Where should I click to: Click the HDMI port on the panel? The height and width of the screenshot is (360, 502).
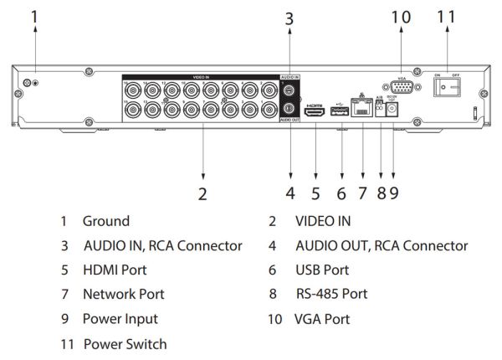[x=315, y=110]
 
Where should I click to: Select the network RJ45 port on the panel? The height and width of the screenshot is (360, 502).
[x=362, y=109]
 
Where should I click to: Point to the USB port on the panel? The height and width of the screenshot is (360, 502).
[x=340, y=110]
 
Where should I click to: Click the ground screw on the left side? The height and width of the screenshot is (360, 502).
[x=28, y=83]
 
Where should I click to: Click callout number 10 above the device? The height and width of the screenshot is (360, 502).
[x=401, y=16]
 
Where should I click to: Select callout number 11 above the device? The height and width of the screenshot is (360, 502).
[x=448, y=16]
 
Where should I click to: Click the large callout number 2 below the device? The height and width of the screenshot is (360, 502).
[x=202, y=193]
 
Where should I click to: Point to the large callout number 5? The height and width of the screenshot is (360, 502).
[x=315, y=193]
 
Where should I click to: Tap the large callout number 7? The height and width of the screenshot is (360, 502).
[x=362, y=193]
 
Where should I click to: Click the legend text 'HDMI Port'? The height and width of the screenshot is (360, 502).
[x=114, y=270]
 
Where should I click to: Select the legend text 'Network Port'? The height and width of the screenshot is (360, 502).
[x=123, y=294]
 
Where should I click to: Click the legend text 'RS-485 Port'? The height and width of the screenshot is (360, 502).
[x=331, y=294]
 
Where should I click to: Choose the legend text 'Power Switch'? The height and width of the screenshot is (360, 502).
[x=125, y=343]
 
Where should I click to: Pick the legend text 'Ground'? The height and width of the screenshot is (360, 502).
[x=105, y=221]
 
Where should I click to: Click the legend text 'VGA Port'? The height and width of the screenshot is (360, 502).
[x=321, y=319]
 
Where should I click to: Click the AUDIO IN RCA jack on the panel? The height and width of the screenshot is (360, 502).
[x=288, y=90]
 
